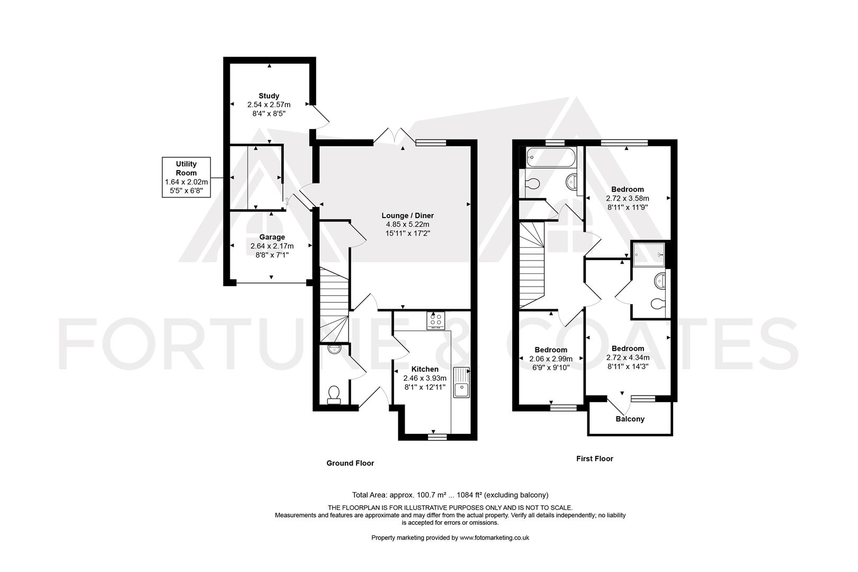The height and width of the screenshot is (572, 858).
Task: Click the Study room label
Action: (269, 96)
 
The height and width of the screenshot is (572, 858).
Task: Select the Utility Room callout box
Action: (186, 177)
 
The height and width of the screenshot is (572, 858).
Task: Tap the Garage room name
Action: (272, 237)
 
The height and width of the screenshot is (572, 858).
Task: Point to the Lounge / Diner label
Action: (407, 216)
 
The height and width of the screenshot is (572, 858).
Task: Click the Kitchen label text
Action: (425, 369)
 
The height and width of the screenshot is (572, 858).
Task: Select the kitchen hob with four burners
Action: (436, 320)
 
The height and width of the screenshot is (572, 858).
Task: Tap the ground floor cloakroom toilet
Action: (334, 395)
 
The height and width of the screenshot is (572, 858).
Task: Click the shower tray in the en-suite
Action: (648, 254)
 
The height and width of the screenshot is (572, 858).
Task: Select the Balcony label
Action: (630, 419)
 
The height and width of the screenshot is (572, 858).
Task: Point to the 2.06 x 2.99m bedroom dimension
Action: (551, 359)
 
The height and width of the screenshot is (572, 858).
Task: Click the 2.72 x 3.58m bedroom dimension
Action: (627, 199)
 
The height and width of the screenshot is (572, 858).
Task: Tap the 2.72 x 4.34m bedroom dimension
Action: (628, 358)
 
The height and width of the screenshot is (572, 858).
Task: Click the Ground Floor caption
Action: (350, 463)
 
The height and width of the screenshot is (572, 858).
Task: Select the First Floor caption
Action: (594, 459)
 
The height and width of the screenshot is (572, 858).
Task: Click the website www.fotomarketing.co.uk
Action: (494, 538)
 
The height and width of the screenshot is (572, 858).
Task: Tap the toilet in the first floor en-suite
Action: (657, 304)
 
